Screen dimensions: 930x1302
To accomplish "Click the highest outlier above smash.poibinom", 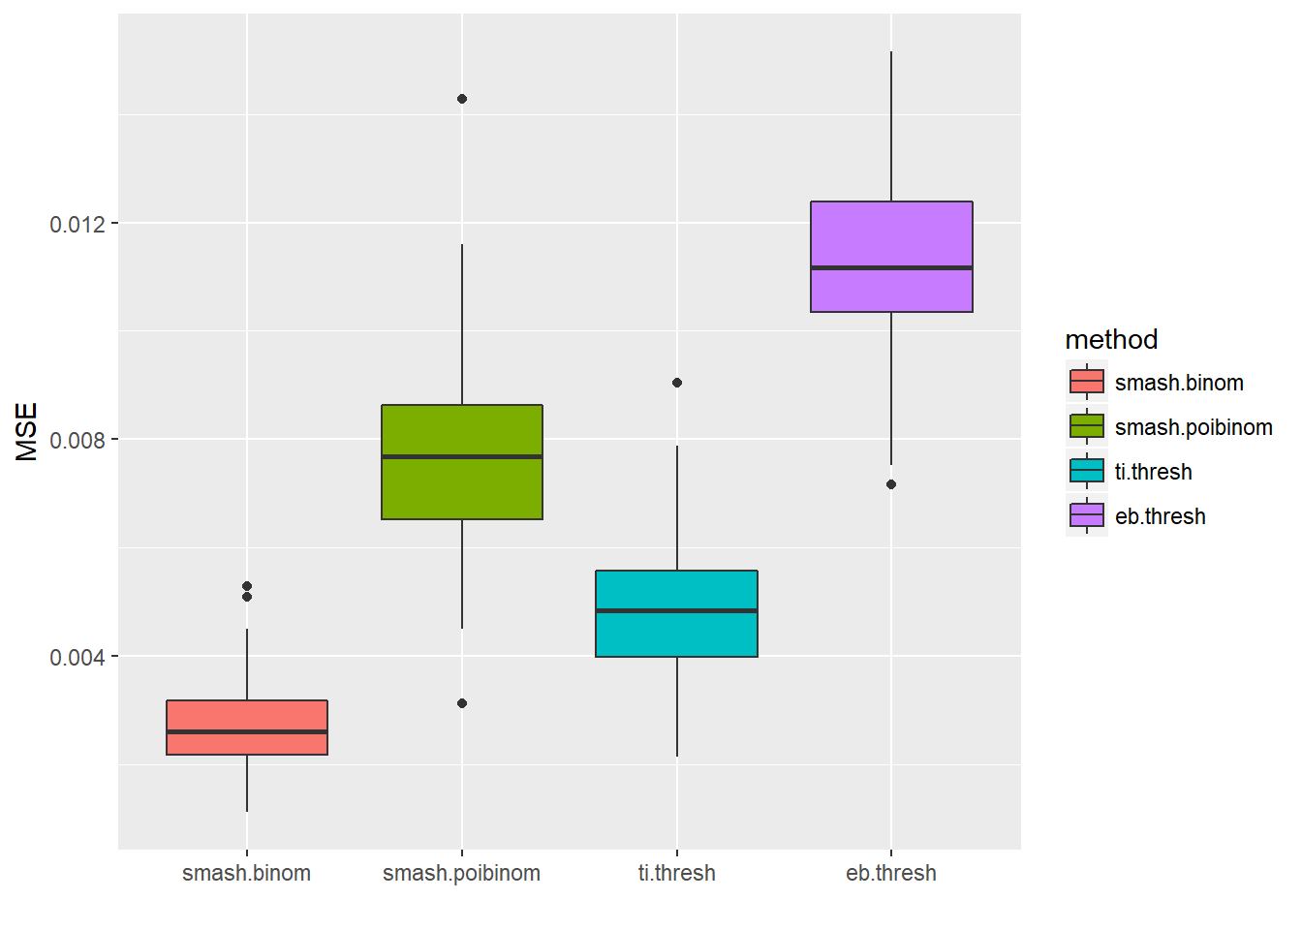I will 462,99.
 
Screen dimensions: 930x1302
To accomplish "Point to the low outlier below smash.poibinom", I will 462,703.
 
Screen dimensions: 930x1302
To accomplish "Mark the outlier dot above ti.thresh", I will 677,383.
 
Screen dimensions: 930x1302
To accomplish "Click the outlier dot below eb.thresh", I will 891,484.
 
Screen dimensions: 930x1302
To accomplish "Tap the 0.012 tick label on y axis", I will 77,225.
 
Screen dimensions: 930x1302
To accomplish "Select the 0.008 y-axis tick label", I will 77,441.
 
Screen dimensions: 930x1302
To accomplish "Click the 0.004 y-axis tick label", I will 77,658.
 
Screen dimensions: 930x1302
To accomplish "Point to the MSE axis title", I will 27,432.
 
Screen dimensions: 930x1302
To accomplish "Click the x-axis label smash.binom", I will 247,873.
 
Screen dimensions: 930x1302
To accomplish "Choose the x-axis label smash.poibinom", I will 462,873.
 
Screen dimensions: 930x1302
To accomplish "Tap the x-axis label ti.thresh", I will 677,873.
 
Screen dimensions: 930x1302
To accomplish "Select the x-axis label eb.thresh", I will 891,873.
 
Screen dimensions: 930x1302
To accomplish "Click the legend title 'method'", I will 1111,339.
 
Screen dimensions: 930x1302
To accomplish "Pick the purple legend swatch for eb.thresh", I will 1087,515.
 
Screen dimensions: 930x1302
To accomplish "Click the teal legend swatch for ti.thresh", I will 1087,471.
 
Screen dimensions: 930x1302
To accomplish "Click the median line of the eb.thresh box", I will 891,267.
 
